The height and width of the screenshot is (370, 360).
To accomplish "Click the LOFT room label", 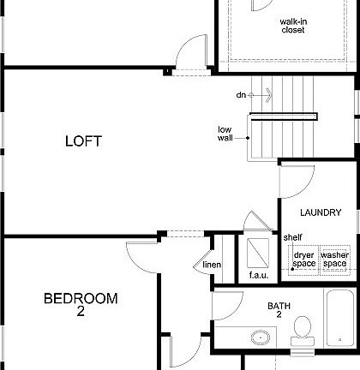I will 83,141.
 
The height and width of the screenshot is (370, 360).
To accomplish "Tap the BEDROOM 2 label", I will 81,305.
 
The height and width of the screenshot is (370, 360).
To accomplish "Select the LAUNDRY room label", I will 321,212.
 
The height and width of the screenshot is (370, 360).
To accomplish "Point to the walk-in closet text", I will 292,26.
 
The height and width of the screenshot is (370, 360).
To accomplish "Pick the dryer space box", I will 303,259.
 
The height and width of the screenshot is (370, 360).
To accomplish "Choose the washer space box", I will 334,259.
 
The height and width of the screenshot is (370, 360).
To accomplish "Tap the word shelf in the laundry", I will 292,237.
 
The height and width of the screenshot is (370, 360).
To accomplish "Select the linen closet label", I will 212,265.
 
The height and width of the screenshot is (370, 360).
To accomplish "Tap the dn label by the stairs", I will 243,94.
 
